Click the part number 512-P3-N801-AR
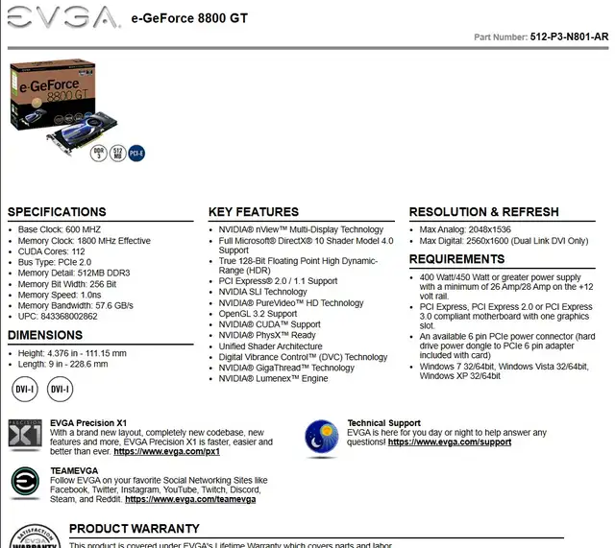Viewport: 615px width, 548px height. coord(569,37)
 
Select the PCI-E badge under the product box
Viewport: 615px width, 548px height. coord(136,153)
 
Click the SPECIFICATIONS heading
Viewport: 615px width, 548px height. coord(57,212)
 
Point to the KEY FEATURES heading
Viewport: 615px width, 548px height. coord(254,212)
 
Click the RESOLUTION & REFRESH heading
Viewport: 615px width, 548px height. coord(483,212)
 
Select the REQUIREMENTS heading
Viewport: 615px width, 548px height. coord(456,259)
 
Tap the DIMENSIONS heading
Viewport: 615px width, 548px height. coord(45,335)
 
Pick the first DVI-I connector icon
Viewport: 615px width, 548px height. coord(25,390)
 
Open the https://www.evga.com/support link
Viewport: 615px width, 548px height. coord(450,442)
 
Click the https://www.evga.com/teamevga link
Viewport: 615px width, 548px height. coord(190,499)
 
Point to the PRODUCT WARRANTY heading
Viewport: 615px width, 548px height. coord(134,529)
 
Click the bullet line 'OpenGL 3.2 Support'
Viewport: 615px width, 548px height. coord(258,314)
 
